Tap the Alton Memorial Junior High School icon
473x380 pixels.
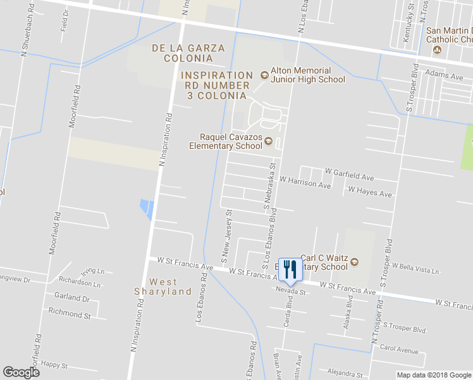pyautogui.click(x=264, y=75)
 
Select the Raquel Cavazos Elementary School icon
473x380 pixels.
pyautogui.click(x=268, y=141)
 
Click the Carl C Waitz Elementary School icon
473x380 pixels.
pyautogui.click(x=354, y=262)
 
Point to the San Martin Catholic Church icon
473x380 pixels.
pyautogui.click(x=454, y=49)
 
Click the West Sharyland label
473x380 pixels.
pyautogui.click(x=163, y=286)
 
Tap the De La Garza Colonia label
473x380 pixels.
pyautogui.click(x=182, y=53)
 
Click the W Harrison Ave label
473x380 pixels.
pyautogui.click(x=305, y=186)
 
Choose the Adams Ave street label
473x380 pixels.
pyautogui.click(x=444, y=75)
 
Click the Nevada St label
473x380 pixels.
pyautogui.click(x=290, y=292)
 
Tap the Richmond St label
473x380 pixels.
pyautogui.click(x=70, y=313)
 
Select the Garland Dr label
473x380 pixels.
pyautogui.click(x=71, y=297)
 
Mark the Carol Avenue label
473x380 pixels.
pyautogui.click(x=399, y=350)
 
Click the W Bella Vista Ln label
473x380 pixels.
pyautogui.click(x=415, y=270)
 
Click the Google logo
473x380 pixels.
pyautogui.click(x=21, y=372)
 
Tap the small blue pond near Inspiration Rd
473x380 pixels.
pyautogui.click(x=147, y=208)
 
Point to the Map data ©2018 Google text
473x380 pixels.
pyautogui.click(x=433, y=375)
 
